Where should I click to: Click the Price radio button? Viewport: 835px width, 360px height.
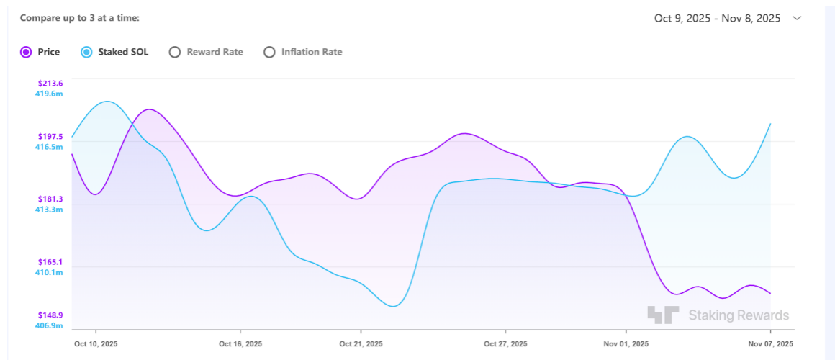pos(26,52)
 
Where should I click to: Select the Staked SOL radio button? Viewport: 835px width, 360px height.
pos(86,52)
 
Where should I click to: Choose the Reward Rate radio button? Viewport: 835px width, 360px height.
pos(174,52)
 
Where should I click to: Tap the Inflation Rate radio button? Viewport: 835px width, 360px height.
pos(269,52)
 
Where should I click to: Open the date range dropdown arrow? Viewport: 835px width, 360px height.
pos(797,19)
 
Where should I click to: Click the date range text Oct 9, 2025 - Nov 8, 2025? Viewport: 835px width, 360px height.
pos(717,19)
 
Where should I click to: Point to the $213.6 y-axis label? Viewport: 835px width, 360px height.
pos(50,83)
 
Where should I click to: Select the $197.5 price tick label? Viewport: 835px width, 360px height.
pos(50,136)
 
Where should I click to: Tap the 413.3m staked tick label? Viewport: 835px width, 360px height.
pos(49,210)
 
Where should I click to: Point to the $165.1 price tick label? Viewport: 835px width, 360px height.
pos(50,262)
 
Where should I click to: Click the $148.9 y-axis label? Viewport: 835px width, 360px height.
pos(50,315)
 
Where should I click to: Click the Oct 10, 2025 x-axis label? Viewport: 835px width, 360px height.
pos(96,344)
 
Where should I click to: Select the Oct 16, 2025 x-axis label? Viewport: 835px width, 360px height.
pos(240,344)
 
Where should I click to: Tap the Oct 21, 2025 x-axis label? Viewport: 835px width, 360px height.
pos(361,344)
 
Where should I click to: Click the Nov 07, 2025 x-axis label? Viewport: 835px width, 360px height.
pos(771,344)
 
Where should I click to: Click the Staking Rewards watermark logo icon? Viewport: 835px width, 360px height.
pos(662,315)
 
